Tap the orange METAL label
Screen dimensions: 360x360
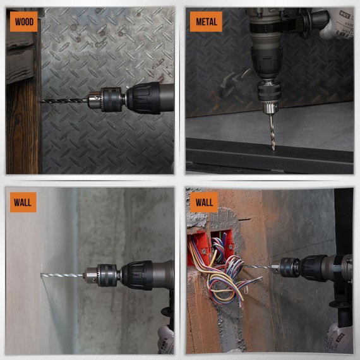pos(206,22)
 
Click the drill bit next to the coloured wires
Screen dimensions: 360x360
pos(259,267)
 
